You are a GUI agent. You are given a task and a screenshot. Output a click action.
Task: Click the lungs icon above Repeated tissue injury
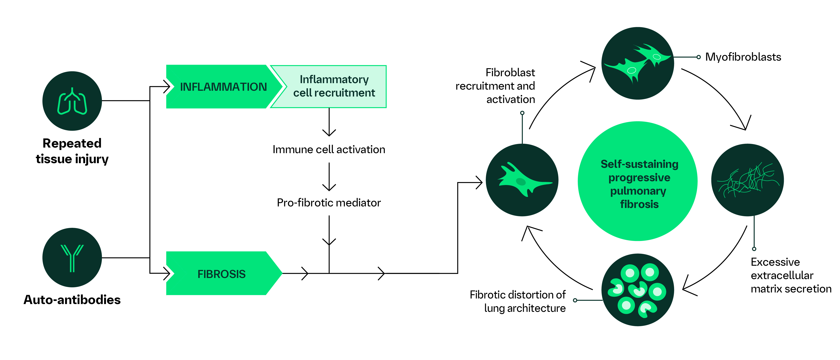coord(72,101)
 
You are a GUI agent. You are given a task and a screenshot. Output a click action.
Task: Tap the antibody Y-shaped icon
coord(72,258)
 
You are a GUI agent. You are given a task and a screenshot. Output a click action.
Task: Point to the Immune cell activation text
coord(329,149)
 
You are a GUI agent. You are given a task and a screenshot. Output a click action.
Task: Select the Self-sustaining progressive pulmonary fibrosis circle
coord(638,181)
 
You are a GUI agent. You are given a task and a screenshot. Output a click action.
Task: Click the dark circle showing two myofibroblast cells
coord(638,63)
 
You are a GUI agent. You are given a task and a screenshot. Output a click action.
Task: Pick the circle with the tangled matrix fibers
coord(747,180)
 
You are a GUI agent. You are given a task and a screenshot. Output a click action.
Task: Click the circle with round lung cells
coord(638,290)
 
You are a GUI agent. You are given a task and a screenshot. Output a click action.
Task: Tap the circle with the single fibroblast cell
coord(522,180)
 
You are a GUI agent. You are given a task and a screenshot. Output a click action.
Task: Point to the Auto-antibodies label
coord(72,300)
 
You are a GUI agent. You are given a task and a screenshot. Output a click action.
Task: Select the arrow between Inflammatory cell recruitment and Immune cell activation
coord(329,122)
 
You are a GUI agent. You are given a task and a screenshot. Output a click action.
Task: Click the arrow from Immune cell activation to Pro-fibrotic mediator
coord(329,177)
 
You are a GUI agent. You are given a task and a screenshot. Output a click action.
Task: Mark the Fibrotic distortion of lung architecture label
coord(518,301)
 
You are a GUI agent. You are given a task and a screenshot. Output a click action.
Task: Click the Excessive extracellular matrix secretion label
coord(790,275)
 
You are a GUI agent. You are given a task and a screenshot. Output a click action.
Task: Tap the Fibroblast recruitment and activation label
coord(496,86)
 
